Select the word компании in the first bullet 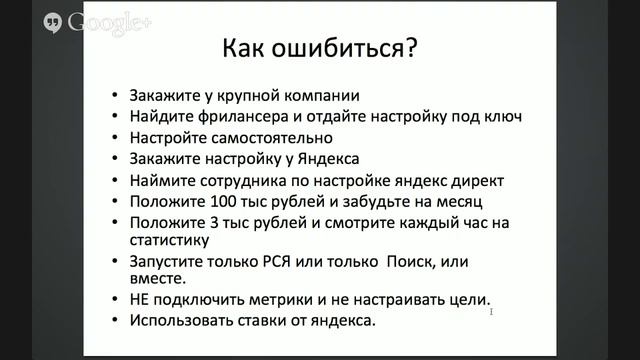click(x=316, y=98)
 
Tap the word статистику click(x=168, y=240)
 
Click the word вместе click(x=155, y=281)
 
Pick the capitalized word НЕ click(x=140, y=300)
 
